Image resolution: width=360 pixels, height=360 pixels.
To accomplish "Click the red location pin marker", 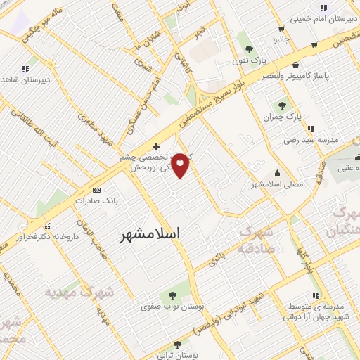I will tap(181, 165).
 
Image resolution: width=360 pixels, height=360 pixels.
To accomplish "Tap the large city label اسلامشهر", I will tap(150, 233).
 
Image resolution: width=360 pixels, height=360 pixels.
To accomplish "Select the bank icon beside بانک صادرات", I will tap(96, 191).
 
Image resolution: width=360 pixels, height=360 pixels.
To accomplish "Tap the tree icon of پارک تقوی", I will tap(249, 49).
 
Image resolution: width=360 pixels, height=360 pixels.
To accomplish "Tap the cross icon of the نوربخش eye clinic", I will tap(156, 146).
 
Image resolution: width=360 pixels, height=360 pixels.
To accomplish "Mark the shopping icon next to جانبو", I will tap(281, 28).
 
